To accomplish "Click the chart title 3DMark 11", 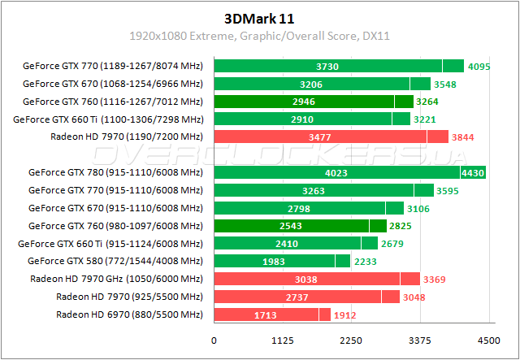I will tap(260, 18).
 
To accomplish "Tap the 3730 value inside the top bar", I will tap(327, 67).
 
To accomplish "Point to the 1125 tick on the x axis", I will tap(282, 340).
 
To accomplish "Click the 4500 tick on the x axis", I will tap(488, 340).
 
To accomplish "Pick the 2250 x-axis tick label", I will tap(351, 340).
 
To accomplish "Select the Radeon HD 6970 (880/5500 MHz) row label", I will tap(129, 314).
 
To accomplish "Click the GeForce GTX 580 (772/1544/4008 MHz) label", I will tap(115, 261).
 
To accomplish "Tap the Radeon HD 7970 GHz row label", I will tap(116, 279).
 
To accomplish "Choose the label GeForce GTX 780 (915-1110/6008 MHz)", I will tap(115, 172).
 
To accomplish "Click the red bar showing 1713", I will tap(244, 314).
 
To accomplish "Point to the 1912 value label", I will tap(344, 314).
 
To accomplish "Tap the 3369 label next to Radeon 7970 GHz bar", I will tap(433, 279).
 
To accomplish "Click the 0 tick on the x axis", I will tap(214, 340).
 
